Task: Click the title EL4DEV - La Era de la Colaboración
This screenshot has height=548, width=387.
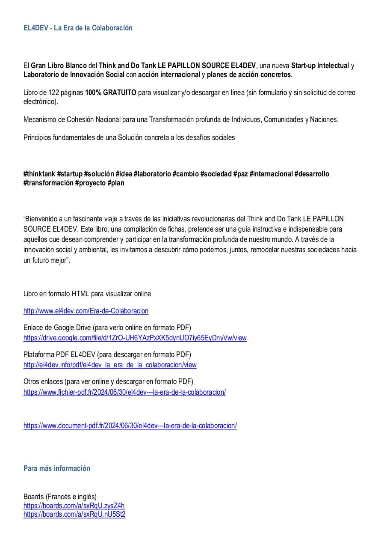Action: pos(78,28)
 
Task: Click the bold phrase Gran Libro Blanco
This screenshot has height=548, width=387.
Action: pos(59,66)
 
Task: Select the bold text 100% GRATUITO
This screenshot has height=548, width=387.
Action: pos(111,92)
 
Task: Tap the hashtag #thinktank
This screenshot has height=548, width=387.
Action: pos(39,174)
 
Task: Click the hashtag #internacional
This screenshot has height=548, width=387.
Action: pos(271,174)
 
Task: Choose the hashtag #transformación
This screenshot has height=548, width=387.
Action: pos(48,183)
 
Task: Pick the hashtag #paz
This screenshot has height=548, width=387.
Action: pos(240,174)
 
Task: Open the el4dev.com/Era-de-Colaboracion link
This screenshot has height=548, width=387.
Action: pos(86,311)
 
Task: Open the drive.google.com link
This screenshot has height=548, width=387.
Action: pos(135,338)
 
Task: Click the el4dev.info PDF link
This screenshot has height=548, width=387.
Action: pos(110,365)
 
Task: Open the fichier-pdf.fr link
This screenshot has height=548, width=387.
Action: pos(124,392)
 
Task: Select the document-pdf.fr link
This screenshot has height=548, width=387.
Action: pos(130,426)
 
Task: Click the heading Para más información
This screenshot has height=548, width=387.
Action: pos(57,468)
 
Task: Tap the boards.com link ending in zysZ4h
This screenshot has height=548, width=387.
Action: pos(74,506)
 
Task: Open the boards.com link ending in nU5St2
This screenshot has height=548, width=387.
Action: pos(74,514)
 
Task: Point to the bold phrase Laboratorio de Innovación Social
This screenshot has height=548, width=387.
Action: pos(74,74)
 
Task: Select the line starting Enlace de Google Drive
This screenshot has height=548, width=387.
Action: pos(107,328)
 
